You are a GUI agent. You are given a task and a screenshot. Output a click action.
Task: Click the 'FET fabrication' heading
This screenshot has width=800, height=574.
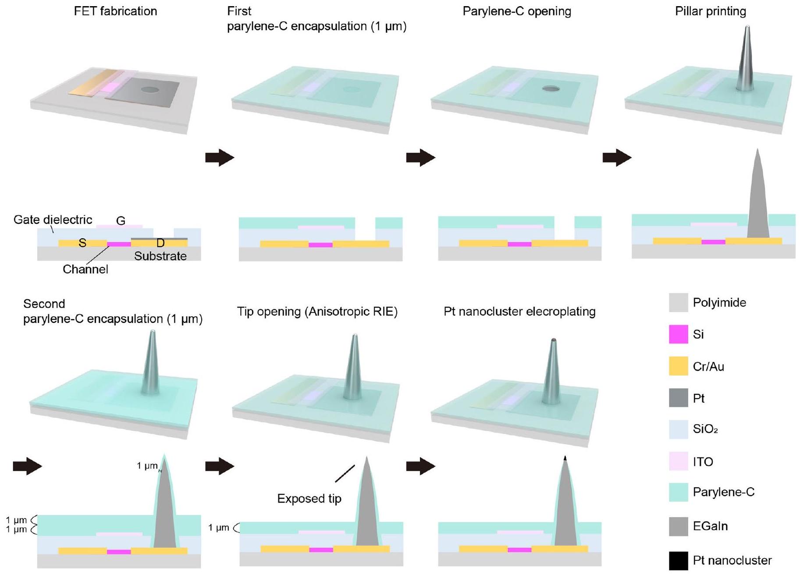[115, 11]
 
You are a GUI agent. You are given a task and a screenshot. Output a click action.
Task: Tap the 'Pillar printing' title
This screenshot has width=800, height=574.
[710, 11]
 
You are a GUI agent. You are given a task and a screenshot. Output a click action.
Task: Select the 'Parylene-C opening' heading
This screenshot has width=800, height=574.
[517, 11]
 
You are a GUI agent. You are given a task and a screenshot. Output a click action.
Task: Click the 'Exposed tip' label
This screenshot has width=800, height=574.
[309, 499]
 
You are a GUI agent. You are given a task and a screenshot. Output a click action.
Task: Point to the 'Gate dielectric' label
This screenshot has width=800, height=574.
[53, 220]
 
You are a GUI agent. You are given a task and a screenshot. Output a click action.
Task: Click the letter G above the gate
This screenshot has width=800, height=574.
[121, 221]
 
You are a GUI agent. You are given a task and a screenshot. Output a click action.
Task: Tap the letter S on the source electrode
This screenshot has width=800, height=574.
[82, 243]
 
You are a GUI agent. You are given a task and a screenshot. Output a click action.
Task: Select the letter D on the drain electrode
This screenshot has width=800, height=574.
[160, 243]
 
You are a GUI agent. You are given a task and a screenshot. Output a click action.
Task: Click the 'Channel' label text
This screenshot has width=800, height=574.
[85, 269]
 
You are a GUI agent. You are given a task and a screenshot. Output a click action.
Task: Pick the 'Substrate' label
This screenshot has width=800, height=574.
[160, 256]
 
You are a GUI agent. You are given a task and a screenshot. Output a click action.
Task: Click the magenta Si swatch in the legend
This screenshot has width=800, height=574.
[678, 334]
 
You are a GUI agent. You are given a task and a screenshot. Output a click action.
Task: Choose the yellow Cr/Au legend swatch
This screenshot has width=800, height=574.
[678, 366]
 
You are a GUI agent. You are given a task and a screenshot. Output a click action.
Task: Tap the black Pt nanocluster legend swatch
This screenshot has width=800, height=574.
[678, 560]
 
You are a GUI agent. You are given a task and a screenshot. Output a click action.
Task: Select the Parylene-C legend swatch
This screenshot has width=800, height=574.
[678, 492]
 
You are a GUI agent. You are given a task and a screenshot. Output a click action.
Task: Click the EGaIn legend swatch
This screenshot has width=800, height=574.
[678, 526]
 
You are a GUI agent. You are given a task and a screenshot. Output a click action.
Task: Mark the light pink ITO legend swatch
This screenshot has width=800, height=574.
[678, 461]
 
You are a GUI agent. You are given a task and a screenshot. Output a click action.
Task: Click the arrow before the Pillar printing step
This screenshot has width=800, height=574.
[617, 157]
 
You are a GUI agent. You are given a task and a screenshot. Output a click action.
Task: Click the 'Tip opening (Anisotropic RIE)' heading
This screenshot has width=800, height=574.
[317, 312]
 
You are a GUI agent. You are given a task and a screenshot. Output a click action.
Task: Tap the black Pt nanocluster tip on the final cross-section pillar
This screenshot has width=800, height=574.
[565, 458]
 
